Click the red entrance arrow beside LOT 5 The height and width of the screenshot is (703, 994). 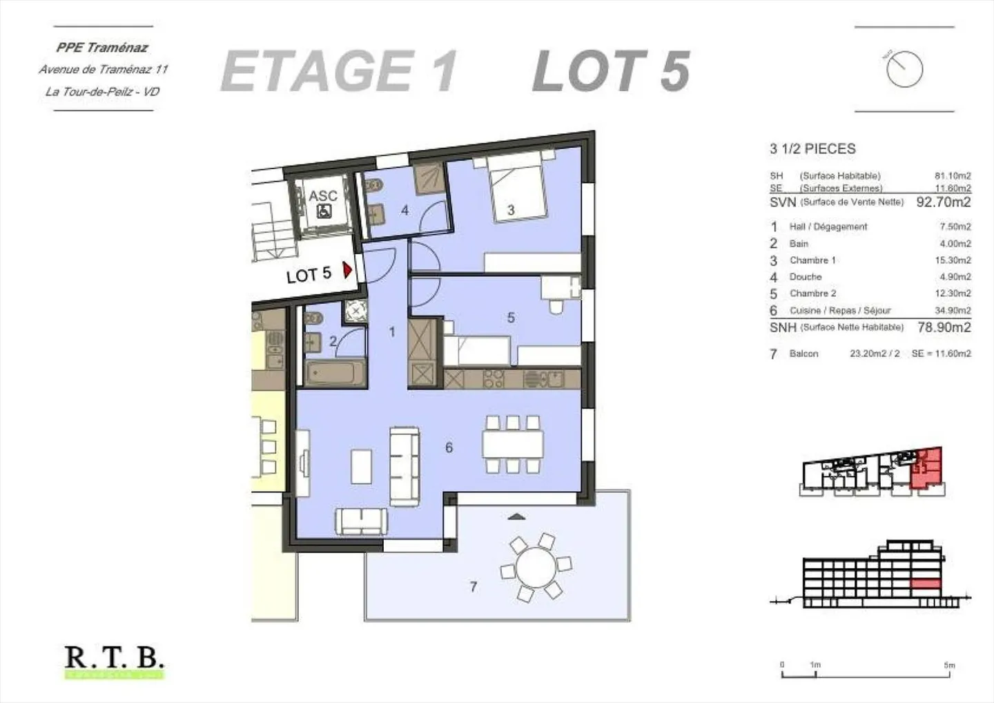(x=348, y=269)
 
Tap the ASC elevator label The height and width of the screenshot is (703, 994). (x=322, y=196)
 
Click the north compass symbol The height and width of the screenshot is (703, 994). (x=904, y=69)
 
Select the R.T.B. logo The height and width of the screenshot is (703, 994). (x=115, y=660)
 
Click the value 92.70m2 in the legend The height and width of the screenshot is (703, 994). (x=943, y=202)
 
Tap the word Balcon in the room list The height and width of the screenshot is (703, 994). (x=803, y=354)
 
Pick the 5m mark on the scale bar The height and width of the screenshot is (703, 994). (x=950, y=666)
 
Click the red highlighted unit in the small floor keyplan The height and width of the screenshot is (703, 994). (x=926, y=468)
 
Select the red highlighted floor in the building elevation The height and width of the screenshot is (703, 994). (x=926, y=584)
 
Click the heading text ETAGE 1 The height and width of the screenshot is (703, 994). (x=338, y=71)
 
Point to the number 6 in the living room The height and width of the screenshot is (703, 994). (x=449, y=447)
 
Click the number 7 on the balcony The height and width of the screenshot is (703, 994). (x=473, y=586)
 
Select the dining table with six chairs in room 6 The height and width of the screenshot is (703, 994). (x=512, y=443)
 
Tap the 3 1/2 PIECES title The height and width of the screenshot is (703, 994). (x=812, y=148)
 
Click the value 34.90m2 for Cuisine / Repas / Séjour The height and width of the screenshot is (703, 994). (x=953, y=311)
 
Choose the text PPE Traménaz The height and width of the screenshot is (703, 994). (x=102, y=48)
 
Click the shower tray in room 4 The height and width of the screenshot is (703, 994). (x=429, y=179)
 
